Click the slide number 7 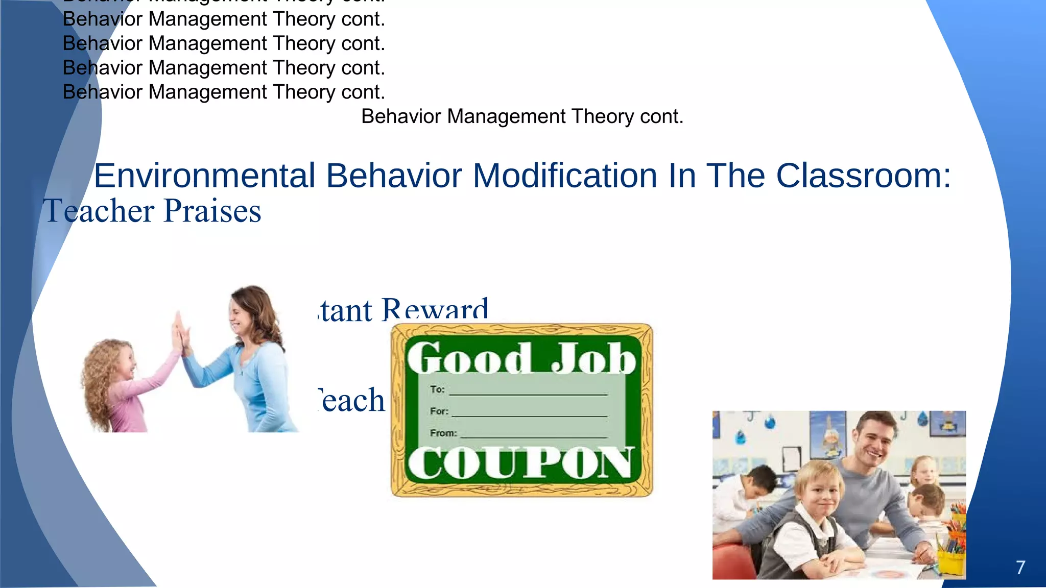1020,568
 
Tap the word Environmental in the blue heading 204,176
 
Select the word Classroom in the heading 863,176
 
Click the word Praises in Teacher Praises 212,211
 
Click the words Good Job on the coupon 521,358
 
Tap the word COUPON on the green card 521,463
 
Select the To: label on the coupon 438,389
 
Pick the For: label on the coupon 439,411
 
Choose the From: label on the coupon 443,433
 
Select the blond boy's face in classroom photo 820,493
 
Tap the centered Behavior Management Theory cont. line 522,116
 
